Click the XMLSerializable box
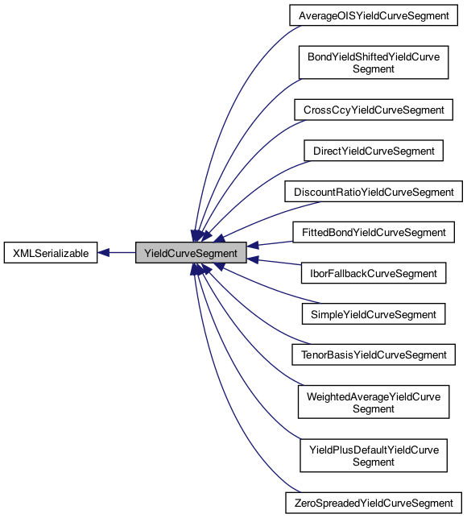[x=50, y=253]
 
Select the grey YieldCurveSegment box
[x=190, y=253]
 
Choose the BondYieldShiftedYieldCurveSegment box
[x=373, y=63]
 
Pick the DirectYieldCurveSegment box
[x=373, y=151]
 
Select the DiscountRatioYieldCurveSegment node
[x=374, y=192]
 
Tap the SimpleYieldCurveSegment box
[x=373, y=314]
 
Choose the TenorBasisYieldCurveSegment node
[x=373, y=355]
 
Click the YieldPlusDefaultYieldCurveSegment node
[x=373, y=456]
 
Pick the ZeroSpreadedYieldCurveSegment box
[x=374, y=503]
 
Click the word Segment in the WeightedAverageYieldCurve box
[x=373, y=409]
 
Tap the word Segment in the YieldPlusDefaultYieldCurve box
[x=373, y=462]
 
